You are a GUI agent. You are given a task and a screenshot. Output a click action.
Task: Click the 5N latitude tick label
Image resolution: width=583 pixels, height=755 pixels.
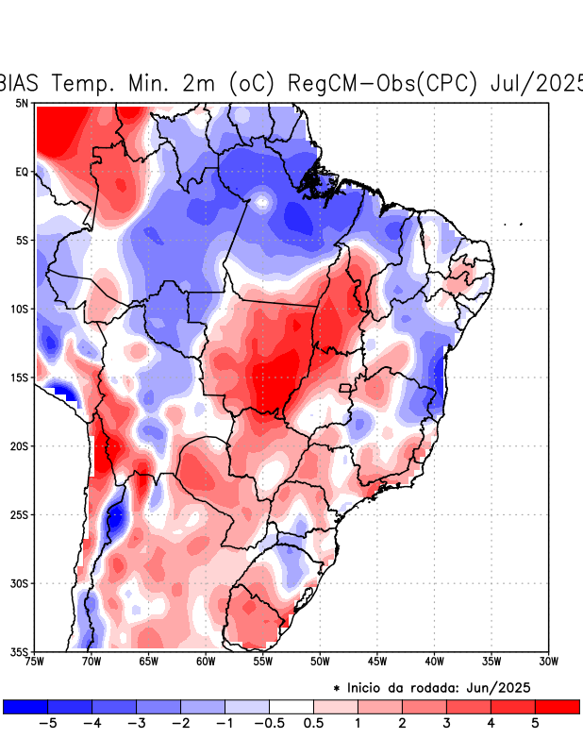pos(21,103)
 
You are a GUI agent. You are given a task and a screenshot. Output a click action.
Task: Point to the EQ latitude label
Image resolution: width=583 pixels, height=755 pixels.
pos(22,172)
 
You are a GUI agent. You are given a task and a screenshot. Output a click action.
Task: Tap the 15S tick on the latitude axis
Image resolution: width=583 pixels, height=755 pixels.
pos(20,377)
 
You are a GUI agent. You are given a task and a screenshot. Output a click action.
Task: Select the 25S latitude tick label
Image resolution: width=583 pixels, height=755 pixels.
pos(20,514)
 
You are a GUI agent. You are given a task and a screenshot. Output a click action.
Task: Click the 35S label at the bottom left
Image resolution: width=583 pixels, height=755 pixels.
pos(20,651)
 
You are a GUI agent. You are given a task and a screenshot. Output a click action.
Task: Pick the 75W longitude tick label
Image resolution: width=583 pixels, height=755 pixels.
pos(35,662)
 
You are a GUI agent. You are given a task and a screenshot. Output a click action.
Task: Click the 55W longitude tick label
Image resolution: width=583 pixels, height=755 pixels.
pos(262,662)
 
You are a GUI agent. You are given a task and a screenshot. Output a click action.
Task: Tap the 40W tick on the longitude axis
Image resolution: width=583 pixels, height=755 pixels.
pos(434,662)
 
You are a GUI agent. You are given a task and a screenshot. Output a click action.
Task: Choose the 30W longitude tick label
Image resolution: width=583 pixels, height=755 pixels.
pos(548,662)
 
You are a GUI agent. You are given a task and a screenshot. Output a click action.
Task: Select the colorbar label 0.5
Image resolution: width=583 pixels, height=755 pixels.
pos(314,725)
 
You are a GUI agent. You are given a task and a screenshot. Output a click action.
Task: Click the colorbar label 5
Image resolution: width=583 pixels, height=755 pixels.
pos(535,725)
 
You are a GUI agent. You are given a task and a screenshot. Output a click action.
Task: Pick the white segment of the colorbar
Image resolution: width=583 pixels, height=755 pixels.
pos(291,706)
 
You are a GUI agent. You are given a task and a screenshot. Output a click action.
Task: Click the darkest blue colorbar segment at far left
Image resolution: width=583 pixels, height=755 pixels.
pos(25,706)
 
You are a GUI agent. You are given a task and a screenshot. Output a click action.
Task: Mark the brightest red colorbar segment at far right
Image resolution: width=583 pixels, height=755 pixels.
pos(558,706)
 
